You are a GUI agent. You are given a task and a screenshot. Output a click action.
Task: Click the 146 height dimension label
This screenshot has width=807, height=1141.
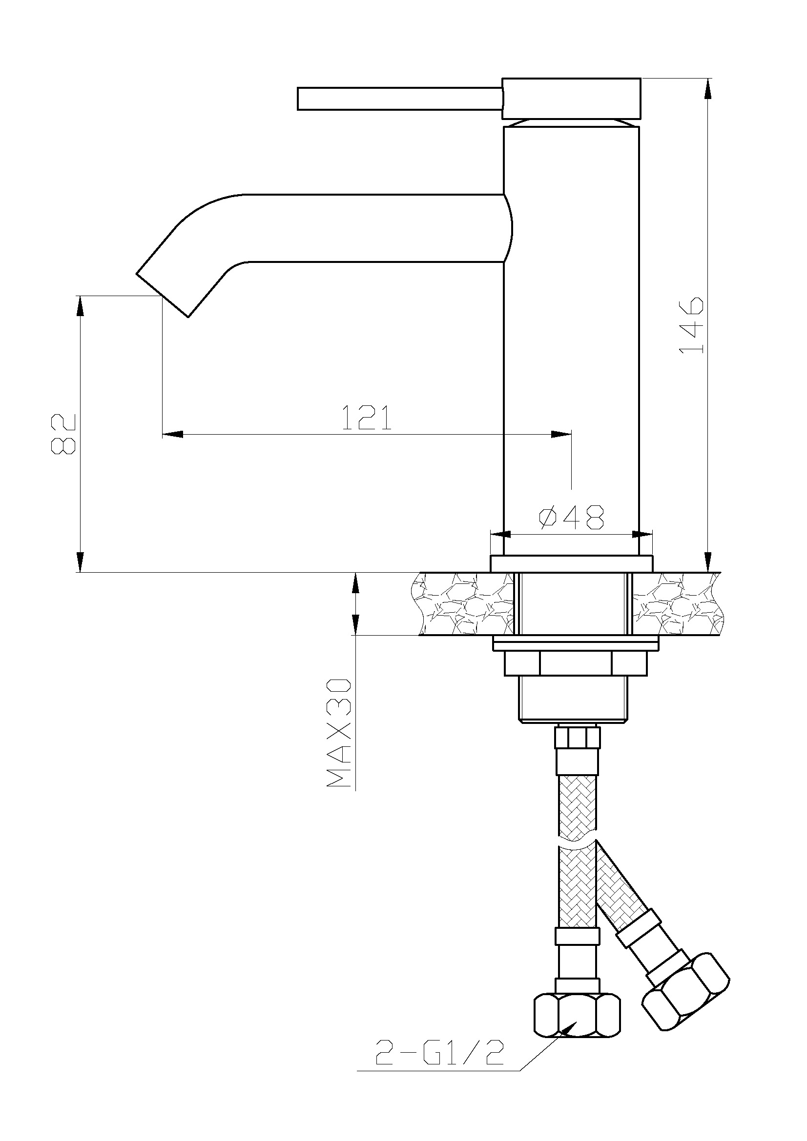pos(692,325)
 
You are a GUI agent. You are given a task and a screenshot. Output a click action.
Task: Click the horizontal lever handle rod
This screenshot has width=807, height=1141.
pos(400,99)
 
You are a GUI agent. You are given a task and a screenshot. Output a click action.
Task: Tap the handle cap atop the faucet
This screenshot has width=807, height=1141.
pos(571,99)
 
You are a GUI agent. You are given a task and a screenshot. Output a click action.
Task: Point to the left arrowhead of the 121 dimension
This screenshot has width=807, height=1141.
pos(172,434)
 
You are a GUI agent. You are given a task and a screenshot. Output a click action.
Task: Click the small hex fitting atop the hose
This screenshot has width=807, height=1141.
pos(578,737)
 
